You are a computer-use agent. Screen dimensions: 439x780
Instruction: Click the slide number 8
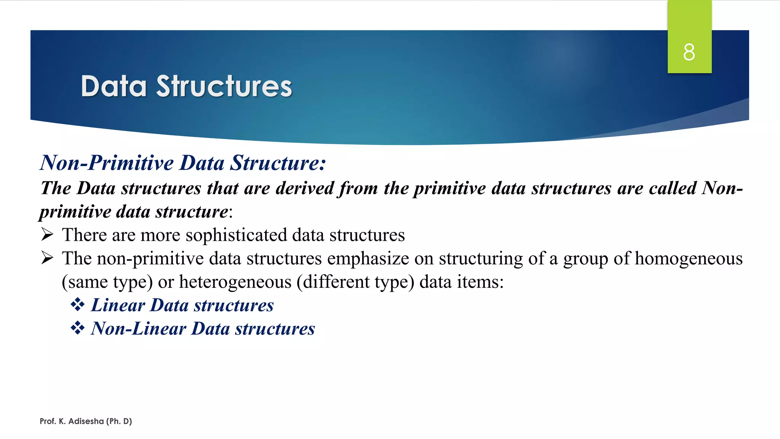click(689, 52)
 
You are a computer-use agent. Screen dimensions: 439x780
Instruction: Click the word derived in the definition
click(305, 188)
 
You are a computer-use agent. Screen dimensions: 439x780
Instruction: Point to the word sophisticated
click(236, 235)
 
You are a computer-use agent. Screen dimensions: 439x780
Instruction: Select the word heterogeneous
click(235, 282)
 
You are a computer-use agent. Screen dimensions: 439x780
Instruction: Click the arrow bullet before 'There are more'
click(47, 235)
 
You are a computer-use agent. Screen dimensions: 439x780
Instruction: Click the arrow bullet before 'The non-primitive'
click(47, 258)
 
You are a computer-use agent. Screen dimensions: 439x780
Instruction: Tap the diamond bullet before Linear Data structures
click(77, 305)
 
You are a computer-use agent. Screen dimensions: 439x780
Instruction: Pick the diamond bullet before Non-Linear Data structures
click(77, 328)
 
